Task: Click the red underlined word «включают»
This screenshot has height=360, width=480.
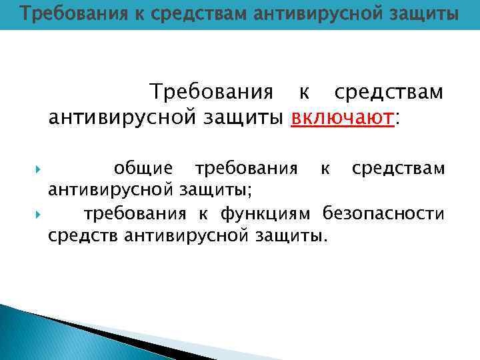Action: pos(342,119)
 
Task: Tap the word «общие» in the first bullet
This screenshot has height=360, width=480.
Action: pos(143,169)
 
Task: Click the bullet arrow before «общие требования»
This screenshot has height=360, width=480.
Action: pos(38,170)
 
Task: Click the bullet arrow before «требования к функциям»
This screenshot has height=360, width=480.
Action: pos(38,215)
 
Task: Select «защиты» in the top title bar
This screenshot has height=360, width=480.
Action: pos(422,13)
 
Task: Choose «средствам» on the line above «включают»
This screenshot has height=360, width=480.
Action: pos(388,92)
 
